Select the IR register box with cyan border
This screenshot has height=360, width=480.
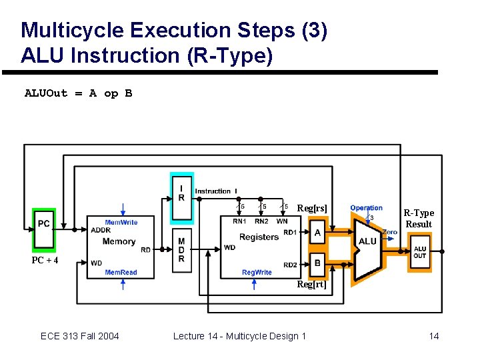click(181, 197)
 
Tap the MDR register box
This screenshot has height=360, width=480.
click(181, 250)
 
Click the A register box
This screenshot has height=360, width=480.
click(317, 233)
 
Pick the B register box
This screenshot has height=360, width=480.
click(317, 263)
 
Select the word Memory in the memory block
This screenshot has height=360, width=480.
click(119, 241)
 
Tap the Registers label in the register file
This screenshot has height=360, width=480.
click(259, 237)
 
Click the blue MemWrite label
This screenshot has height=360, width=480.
click(121, 223)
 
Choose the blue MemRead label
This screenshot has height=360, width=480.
click(121, 272)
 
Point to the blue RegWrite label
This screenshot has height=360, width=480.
click(257, 272)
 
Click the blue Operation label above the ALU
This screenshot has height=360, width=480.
click(366, 208)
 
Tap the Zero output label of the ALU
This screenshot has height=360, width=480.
click(390, 232)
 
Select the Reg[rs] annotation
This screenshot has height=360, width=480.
click(312, 209)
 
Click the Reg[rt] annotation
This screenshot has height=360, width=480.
click(311, 285)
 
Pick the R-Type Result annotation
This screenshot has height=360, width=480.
click(419, 219)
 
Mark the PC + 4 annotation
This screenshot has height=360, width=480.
click(45, 260)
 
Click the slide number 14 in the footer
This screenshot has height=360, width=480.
click(433, 336)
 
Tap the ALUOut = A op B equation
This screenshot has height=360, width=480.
click(78, 93)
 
